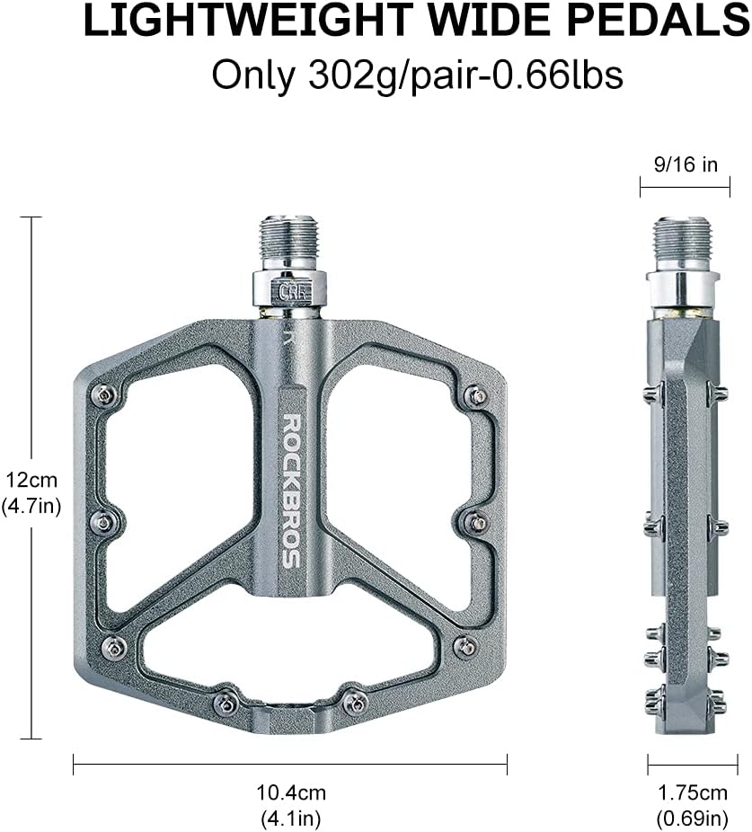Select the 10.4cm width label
(x=289, y=792)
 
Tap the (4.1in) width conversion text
(x=289, y=819)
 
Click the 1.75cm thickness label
(x=692, y=792)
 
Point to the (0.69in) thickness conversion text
(x=692, y=819)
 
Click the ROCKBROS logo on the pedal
(x=291, y=490)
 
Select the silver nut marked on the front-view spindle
(x=289, y=289)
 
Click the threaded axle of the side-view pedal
(x=684, y=243)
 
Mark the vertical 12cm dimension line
(x=32, y=359)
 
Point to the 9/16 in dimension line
(x=685, y=187)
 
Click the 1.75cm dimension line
(x=692, y=765)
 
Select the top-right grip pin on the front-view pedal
(x=477, y=394)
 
